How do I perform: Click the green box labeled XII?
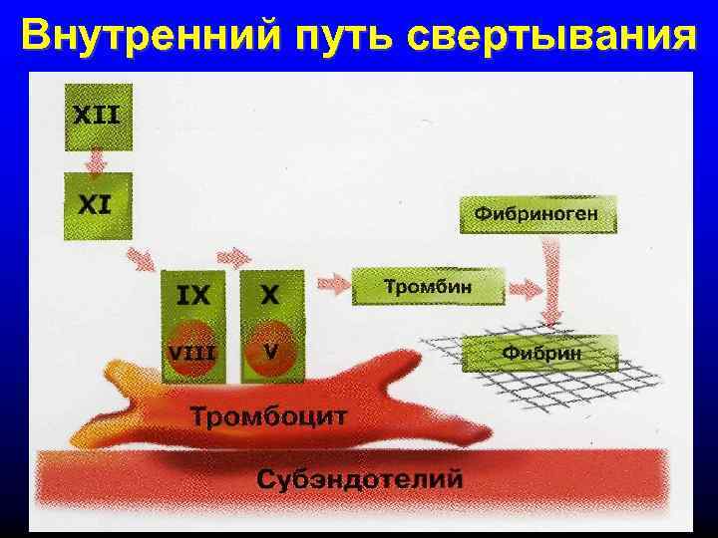(x=98, y=116)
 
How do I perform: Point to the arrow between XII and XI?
(x=98, y=160)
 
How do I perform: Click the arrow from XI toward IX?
(x=139, y=259)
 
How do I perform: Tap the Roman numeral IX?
(x=193, y=295)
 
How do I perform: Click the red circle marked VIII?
(x=193, y=352)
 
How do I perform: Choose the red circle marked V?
(x=270, y=352)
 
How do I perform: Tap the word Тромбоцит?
(x=269, y=415)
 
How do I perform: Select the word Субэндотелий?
(x=360, y=478)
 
